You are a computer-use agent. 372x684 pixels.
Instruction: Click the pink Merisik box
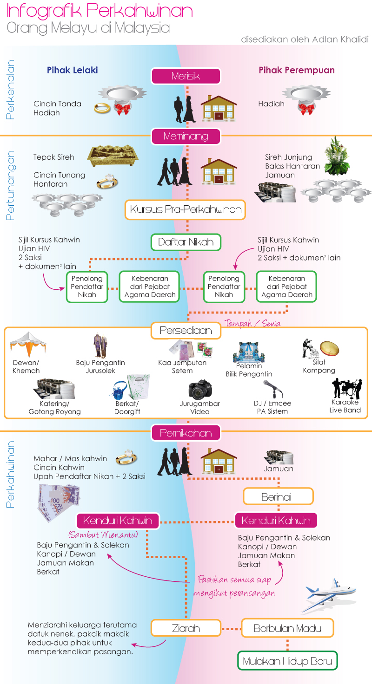click(186, 76)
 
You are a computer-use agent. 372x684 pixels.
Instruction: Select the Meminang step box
click(186, 136)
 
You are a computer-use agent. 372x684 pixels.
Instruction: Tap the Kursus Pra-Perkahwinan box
click(186, 209)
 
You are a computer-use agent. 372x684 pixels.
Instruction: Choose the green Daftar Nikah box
click(186, 241)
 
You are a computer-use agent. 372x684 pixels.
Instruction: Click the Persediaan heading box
click(186, 331)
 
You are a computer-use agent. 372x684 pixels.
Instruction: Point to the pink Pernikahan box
click(186, 433)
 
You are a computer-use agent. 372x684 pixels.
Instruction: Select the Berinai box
click(278, 496)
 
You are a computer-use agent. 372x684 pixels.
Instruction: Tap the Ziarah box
click(186, 628)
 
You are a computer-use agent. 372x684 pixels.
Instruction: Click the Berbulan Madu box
click(287, 628)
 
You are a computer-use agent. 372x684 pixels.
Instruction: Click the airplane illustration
click(329, 595)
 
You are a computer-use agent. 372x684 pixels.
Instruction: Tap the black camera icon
click(200, 391)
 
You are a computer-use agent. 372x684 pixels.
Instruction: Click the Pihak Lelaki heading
click(72, 70)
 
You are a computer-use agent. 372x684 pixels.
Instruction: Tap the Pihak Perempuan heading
click(297, 70)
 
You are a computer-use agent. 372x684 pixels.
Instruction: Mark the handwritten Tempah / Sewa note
click(252, 323)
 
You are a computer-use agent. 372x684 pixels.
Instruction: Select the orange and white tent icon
click(28, 345)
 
